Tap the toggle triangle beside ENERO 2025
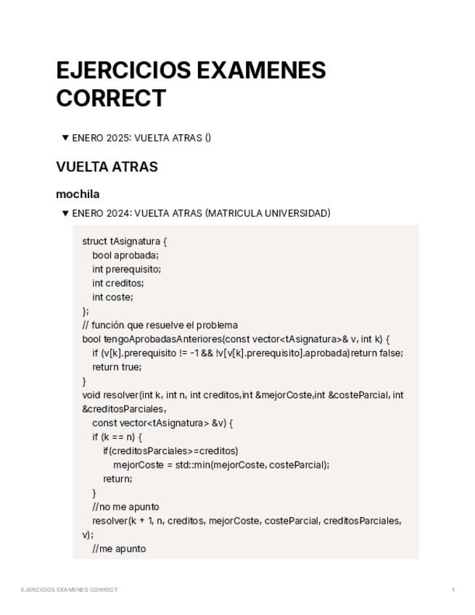(65, 138)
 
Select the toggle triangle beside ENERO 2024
(65, 213)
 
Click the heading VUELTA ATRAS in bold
(107, 167)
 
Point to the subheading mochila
(78, 194)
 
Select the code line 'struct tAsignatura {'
(125, 241)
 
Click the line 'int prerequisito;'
(126, 269)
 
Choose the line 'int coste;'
(112, 297)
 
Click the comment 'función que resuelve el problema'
(165, 325)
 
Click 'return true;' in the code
(116, 367)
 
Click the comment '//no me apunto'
(125, 506)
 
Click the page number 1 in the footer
(453, 590)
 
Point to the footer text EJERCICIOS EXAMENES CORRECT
(69, 590)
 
